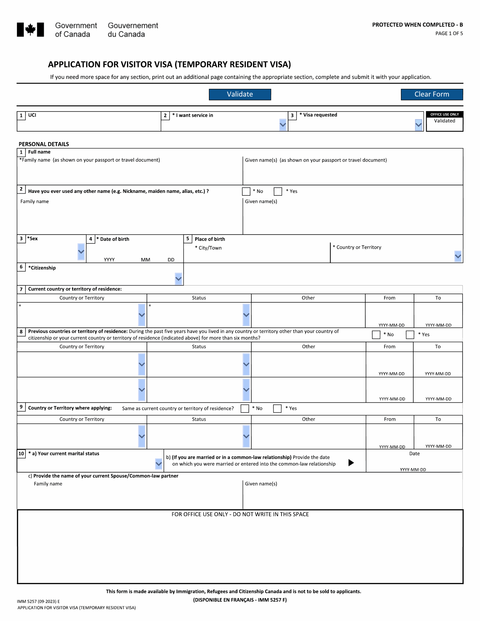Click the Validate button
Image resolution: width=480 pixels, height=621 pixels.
pos(240,94)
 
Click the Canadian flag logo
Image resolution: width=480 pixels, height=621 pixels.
pos(30,30)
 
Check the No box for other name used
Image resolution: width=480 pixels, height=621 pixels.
pos(246,191)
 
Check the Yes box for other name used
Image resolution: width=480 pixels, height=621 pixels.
pos(278,191)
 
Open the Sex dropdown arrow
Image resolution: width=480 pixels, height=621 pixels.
pos(81,252)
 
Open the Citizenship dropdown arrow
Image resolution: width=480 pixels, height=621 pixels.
pos(178,279)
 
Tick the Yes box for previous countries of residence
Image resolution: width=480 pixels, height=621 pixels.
pos(410,335)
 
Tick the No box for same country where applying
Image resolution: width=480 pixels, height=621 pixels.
pos(245,409)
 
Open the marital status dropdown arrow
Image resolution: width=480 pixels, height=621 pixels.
pos(158,464)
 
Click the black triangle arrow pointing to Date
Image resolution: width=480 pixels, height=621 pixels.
pos(351,463)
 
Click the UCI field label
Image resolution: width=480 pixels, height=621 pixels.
pos(32,115)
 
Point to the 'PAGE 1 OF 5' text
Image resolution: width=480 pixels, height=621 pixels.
pos(449,33)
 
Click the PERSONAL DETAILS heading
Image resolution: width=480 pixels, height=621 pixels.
pos(44,144)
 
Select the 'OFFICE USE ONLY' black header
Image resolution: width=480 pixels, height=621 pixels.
pos(444,114)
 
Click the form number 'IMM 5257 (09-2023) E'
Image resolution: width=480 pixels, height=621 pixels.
pos(38,601)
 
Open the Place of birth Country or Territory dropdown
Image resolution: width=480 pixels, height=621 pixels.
pos(457,256)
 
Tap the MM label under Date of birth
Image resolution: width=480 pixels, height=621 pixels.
pos(145,260)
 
